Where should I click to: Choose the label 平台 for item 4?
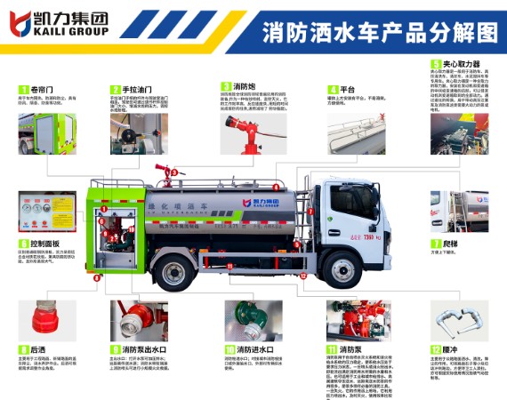click(348, 90)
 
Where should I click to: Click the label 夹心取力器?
click(462, 65)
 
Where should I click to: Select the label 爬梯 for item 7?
click(451, 242)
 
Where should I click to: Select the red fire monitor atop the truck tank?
click(164, 169)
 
